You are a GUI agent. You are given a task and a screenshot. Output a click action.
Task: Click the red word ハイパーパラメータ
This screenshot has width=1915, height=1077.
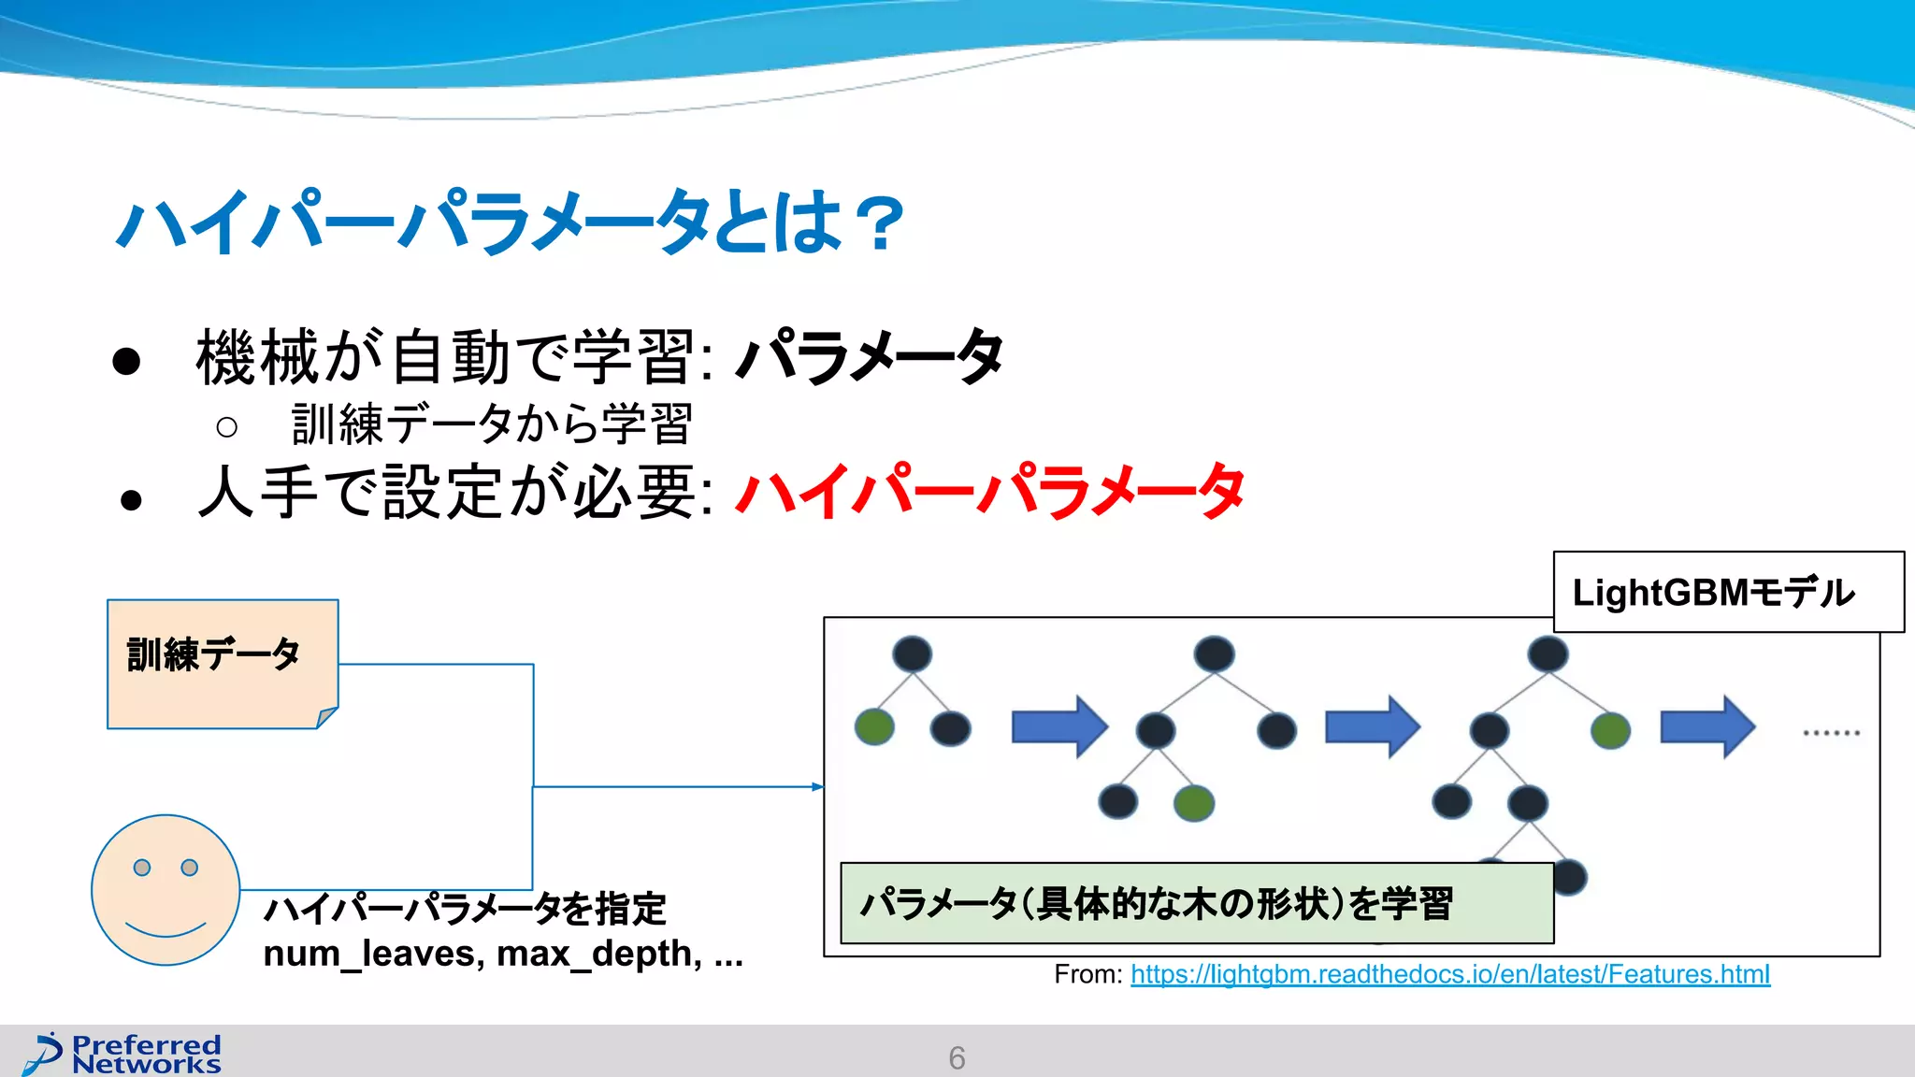[x=989, y=491]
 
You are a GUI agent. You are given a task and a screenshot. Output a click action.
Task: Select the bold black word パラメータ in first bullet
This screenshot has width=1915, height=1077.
[x=870, y=356]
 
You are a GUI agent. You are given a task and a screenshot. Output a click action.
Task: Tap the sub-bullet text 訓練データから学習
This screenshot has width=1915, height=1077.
[x=491, y=424]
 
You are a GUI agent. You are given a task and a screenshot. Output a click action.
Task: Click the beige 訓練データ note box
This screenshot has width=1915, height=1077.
[x=223, y=663]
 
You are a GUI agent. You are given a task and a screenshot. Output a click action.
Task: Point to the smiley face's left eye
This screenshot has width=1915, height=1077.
[x=142, y=868]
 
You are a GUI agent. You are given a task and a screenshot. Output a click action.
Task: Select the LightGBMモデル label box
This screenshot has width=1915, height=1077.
[x=1728, y=592]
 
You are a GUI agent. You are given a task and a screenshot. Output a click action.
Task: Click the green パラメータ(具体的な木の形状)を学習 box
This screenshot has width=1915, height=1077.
[x=1196, y=903]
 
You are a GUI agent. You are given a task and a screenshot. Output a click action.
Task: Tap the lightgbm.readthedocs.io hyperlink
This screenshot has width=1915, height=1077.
[x=1449, y=974]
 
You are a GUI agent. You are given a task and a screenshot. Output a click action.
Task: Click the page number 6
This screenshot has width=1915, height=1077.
[x=957, y=1057]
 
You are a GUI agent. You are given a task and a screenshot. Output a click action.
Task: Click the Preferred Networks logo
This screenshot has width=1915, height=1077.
[x=124, y=1054]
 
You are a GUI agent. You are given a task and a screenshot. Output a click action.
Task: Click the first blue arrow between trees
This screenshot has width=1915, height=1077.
[x=1059, y=726]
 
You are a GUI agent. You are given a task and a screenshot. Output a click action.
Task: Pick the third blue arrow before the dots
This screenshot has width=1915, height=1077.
[x=1707, y=726]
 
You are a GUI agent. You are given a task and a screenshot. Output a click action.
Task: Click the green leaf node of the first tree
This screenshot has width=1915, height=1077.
[x=874, y=727]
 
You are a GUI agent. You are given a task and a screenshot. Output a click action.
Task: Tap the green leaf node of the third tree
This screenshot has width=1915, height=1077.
[x=1610, y=730]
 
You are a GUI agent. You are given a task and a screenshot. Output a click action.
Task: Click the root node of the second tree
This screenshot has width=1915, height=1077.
[x=1214, y=653]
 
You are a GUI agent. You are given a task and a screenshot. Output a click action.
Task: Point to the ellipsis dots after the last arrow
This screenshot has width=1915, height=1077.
[x=1831, y=732]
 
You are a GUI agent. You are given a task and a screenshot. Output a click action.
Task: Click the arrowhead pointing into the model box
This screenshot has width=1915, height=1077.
[x=818, y=787]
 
